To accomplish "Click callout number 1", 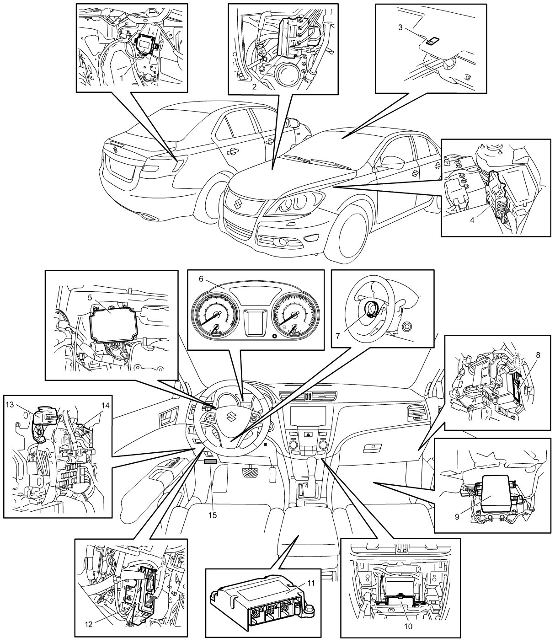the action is coord(122,78).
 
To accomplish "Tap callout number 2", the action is coord(254,87).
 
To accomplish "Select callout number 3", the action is coord(400,27).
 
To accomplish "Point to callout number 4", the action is coord(472,220).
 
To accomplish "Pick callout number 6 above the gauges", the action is coord(201,279).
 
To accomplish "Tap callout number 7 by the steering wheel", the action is coord(338,336).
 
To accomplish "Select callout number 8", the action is coord(538,355).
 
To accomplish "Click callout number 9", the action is coord(457,517).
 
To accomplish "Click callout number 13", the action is coord(10,404).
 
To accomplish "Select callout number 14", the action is coord(106,405).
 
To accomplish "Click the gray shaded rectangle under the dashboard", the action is coord(210,461).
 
